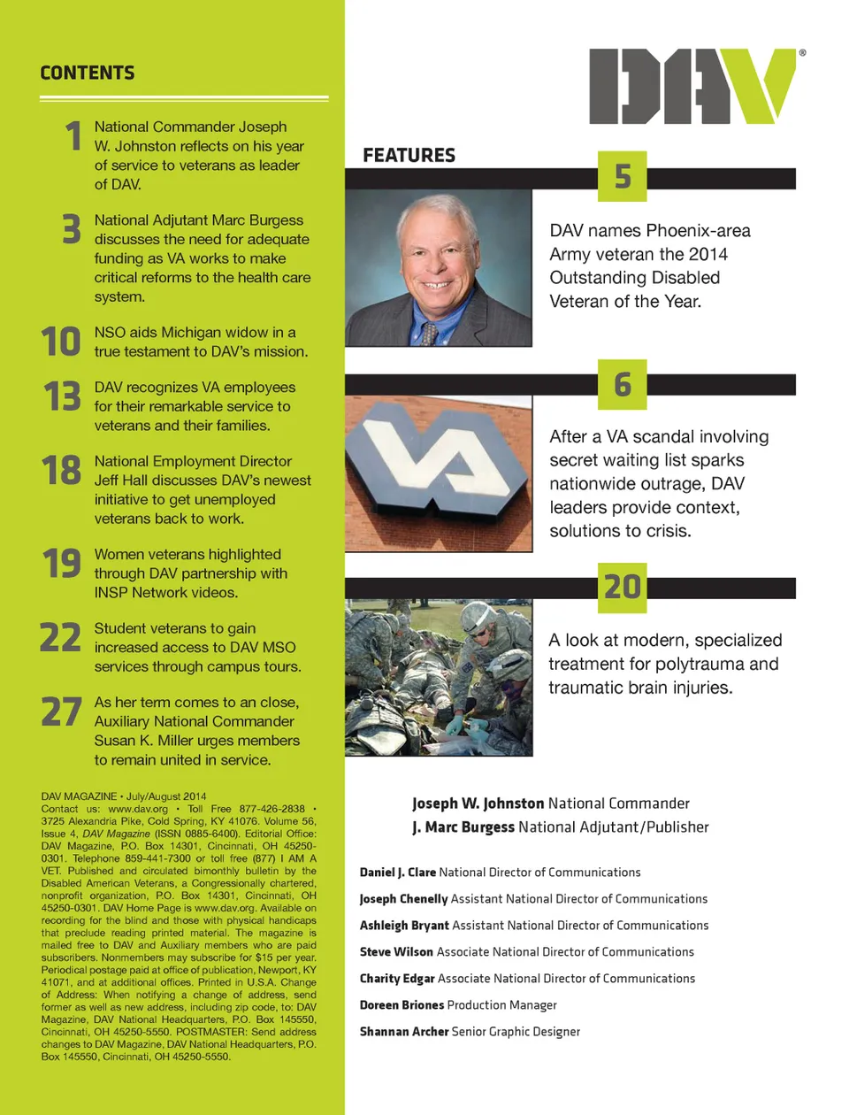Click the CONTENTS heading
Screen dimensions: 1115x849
[88, 73]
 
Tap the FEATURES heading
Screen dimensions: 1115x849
[409, 156]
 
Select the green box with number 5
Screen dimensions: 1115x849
[623, 177]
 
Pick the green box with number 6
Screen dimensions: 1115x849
[623, 385]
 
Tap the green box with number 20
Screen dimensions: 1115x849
[623, 588]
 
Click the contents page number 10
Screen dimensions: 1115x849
[61, 342]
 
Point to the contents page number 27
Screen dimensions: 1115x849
[61, 712]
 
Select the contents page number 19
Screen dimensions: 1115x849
[62, 564]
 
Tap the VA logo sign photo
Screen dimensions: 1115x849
[439, 473]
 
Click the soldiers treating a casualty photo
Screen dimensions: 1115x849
[439, 679]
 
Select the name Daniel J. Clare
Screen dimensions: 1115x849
[397, 873]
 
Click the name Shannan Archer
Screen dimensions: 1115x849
[404, 1032]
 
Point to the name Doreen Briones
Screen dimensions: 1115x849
[402, 1005]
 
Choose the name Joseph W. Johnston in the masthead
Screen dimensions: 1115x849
[478, 804]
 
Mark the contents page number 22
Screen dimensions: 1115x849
[60, 638]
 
